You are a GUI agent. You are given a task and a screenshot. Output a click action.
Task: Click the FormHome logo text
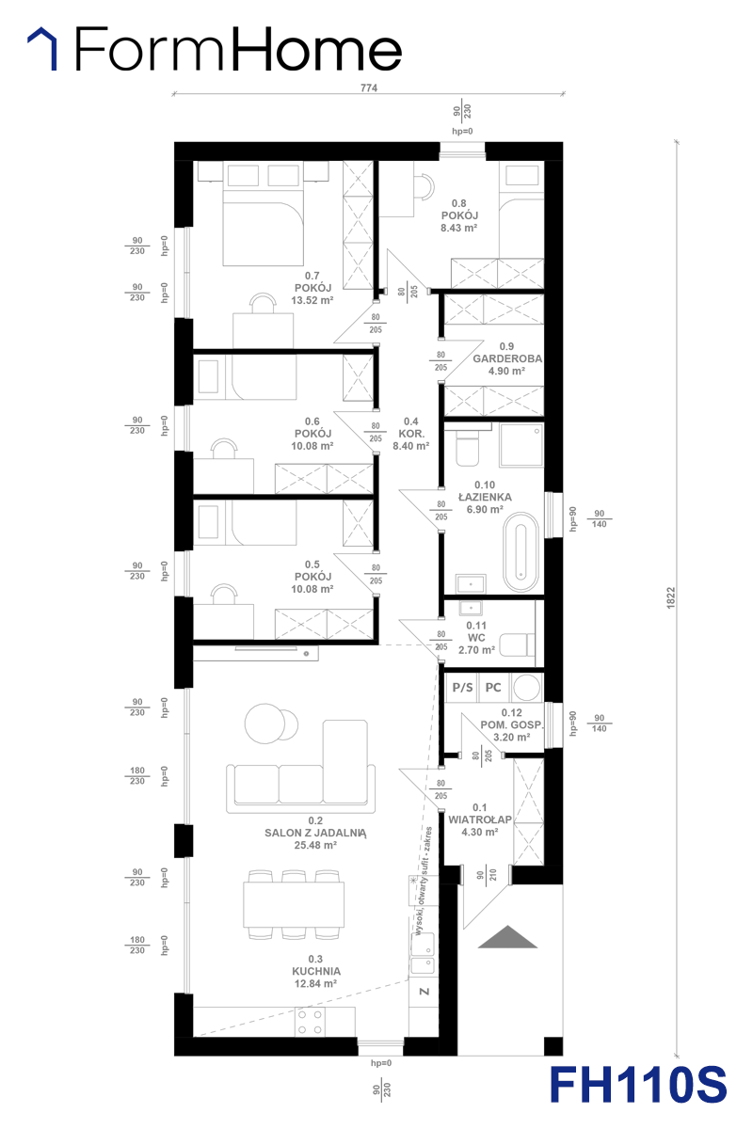click(x=238, y=49)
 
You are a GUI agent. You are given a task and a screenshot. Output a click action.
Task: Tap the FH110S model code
click(x=637, y=1084)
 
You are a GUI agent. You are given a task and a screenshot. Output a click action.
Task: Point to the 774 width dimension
click(x=369, y=87)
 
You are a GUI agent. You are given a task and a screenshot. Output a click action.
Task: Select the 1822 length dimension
click(x=670, y=597)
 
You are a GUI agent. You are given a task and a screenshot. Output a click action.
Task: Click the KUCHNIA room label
click(x=316, y=971)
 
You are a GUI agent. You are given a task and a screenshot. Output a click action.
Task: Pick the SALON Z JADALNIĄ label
click(x=315, y=833)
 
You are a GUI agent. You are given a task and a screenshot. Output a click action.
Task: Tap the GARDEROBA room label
click(x=507, y=358)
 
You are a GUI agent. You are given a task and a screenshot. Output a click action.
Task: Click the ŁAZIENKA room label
click(x=485, y=497)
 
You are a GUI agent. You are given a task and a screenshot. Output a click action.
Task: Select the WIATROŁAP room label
click(x=480, y=819)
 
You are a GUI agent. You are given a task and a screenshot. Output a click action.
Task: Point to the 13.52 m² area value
click(x=312, y=300)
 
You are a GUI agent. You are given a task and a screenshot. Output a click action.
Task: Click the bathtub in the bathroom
click(x=521, y=552)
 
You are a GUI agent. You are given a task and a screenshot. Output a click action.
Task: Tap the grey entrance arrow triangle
click(x=507, y=937)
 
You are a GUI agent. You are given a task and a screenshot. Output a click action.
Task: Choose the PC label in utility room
click(x=493, y=688)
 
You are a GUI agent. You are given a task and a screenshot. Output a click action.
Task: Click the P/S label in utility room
click(x=462, y=688)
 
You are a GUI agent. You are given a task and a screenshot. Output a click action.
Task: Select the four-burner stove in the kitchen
click(x=310, y=1022)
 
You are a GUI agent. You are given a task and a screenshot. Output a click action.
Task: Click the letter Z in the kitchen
click(x=425, y=992)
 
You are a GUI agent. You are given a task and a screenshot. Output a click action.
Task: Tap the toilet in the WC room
click(x=517, y=645)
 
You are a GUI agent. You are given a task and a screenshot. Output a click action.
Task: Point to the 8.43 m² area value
click(x=459, y=228)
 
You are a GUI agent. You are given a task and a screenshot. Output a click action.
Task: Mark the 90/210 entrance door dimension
click(x=487, y=875)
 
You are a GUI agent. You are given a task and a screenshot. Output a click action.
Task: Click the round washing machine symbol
click(x=526, y=688)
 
